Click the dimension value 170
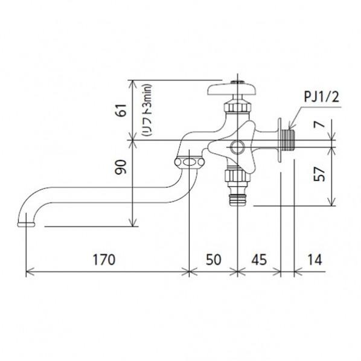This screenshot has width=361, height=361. click(x=104, y=260)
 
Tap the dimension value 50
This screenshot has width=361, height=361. click(x=214, y=260)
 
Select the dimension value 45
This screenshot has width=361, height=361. click(x=259, y=260)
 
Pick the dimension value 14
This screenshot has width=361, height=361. click(x=315, y=260)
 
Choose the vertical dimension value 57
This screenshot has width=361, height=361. click(x=319, y=174)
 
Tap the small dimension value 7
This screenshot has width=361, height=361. click(x=319, y=124)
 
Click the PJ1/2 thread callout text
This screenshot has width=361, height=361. click(x=322, y=97)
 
